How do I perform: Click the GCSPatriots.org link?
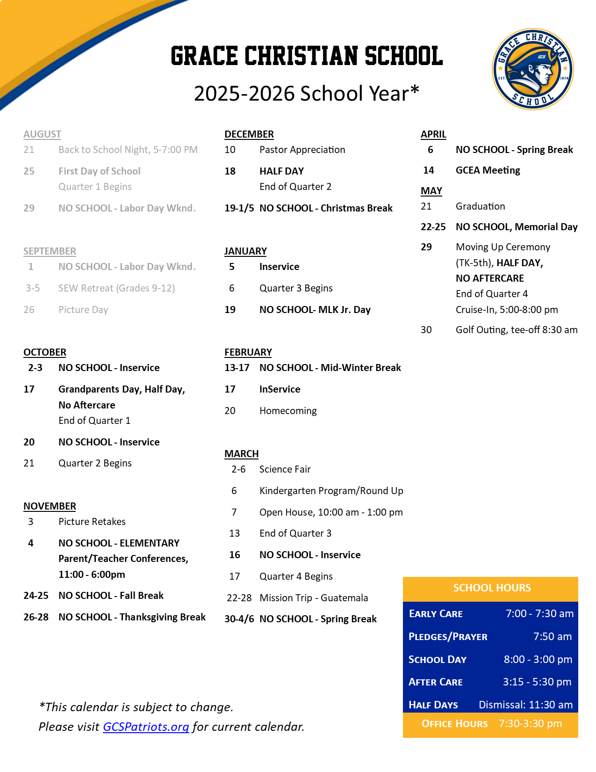[x=146, y=727]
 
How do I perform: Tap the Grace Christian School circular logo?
[x=533, y=69]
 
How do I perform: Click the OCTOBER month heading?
[x=45, y=352]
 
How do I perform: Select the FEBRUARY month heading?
[x=248, y=352]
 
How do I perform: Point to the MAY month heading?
[x=431, y=191]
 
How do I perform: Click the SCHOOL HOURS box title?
[x=492, y=588]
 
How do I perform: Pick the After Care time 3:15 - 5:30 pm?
[x=537, y=682]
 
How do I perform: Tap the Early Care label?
[x=436, y=614]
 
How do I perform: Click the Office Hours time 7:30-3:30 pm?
[x=530, y=723]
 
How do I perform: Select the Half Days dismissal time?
[x=525, y=705]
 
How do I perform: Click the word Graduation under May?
[x=481, y=206]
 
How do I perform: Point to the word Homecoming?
[x=288, y=411]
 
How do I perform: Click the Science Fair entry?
[x=285, y=469]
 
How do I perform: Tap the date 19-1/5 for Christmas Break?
[x=239, y=208]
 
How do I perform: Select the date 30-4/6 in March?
[x=239, y=619]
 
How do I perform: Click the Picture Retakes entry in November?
[x=92, y=522]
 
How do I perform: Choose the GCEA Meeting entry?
[x=488, y=170]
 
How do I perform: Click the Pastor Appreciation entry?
[x=302, y=150]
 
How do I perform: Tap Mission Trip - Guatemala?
[x=314, y=598]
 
